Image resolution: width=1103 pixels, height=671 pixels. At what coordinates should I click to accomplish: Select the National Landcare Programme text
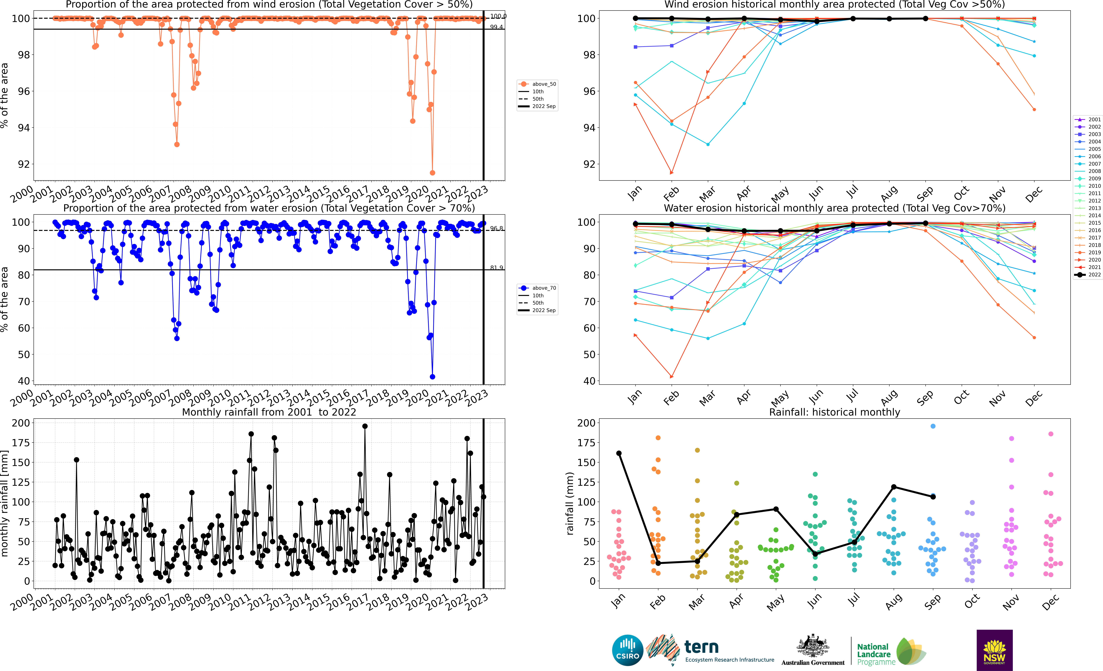point(875,654)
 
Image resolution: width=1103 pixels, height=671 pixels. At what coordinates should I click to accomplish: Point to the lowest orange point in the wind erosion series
point(432,173)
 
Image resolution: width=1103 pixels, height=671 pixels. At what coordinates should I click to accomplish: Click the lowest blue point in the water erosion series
point(432,377)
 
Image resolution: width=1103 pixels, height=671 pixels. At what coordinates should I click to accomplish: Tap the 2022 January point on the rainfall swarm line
point(619,453)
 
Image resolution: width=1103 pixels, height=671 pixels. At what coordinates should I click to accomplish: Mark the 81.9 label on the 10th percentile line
point(496,267)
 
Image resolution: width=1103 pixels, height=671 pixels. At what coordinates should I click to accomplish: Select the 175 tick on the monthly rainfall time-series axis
point(21,442)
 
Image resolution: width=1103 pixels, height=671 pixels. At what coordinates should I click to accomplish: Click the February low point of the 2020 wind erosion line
point(671,173)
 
